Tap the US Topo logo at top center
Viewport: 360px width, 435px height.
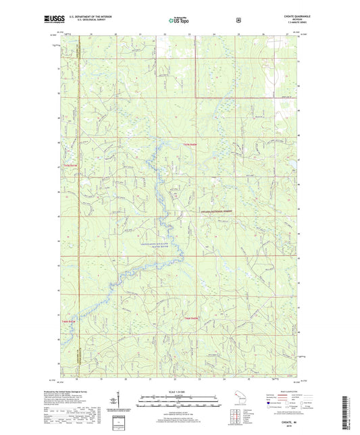click(x=179, y=21)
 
